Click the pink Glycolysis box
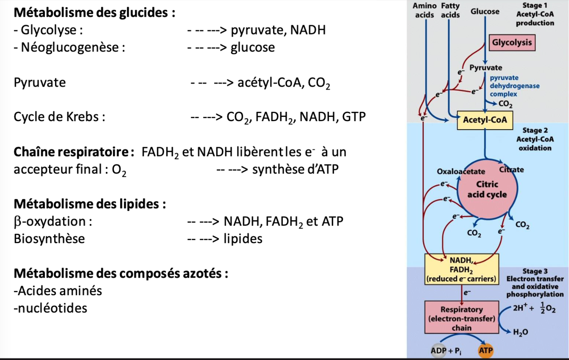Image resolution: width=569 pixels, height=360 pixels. pyautogui.click(x=512, y=43)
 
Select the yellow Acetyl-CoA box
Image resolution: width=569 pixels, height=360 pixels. pyautogui.click(x=485, y=120)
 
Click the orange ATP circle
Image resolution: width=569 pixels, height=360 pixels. pyautogui.click(x=485, y=351)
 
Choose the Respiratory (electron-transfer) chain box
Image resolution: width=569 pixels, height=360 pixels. pyautogui.click(x=461, y=318)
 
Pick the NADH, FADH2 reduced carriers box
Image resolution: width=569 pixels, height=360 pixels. pyautogui.click(x=462, y=269)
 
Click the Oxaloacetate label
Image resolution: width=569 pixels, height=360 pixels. pyautogui.click(x=461, y=171)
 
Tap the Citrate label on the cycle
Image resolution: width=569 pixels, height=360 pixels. pyautogui.click(x=511, y=169)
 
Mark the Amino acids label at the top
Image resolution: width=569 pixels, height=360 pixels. pyautogui.click(x=425, y=10)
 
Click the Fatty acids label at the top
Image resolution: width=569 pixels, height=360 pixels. pyautogui.click(x=450, y=10)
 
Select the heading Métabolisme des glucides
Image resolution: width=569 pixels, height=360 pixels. pyautogui.click(x=94, y=12)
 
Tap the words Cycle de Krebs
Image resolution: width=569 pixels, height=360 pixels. pyautogui.click(x=59, y=116)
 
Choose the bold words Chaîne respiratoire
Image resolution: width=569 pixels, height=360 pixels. pyautogui.click(x=74, y=151)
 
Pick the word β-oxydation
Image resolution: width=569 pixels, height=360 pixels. pyautogui.click(x=53, y=221)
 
